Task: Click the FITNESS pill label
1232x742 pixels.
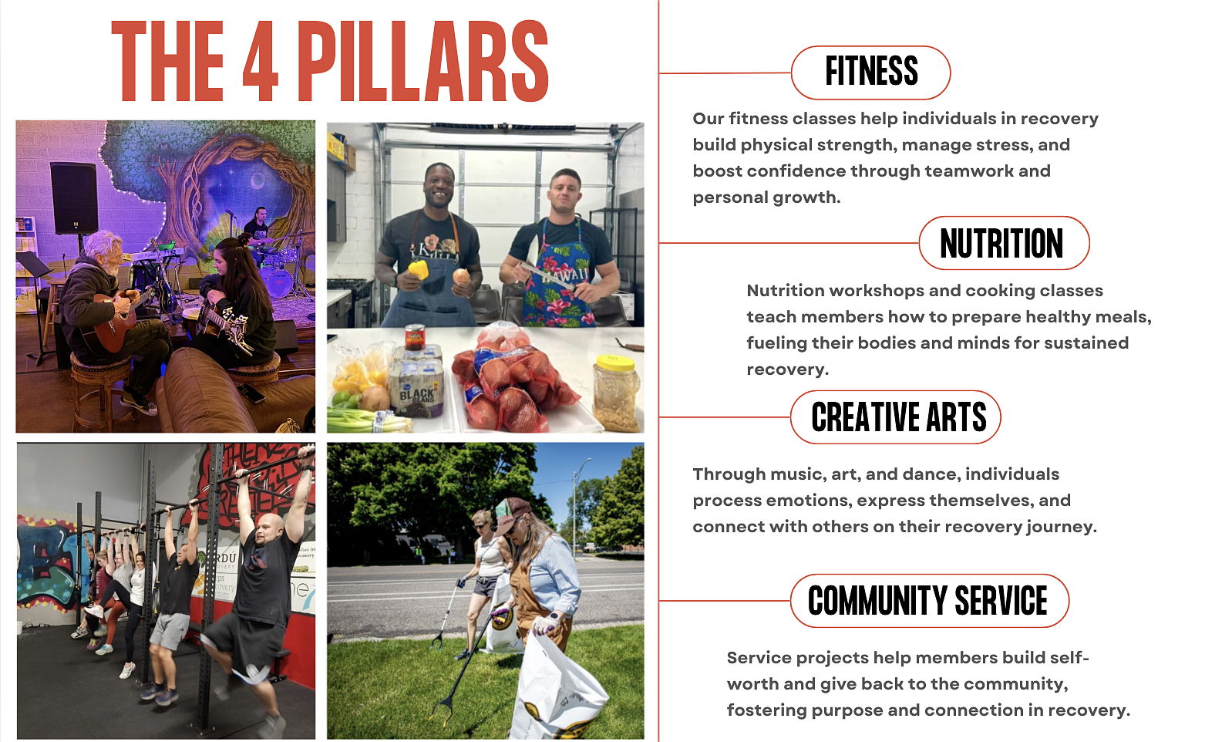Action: tap(870, 72)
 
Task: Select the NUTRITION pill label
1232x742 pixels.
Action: tap(1004, 243)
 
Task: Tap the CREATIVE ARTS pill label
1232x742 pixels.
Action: tap(895, 417)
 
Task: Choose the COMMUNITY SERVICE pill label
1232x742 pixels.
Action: tap(930, 601)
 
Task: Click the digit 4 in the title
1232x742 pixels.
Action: tap(260, 61)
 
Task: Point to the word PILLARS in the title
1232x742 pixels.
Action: tap(423, 61)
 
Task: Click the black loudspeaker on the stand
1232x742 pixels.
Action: tap(74, 197)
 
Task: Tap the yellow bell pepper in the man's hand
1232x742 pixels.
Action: tap(419, 270)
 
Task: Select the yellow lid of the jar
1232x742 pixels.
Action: tap(615, 363)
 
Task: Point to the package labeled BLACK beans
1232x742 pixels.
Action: tap(416, 387)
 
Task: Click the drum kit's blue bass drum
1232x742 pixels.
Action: tap(278, 280)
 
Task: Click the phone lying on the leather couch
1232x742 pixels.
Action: tap(251, 393)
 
